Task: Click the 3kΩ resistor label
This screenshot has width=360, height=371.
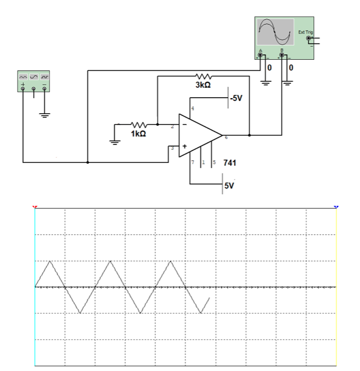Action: pos(203,86)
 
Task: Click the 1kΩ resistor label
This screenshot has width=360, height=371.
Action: pos(138,133)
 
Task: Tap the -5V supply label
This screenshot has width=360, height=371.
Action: pos(236,98)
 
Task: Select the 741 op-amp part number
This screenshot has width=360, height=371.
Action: pos(230,164)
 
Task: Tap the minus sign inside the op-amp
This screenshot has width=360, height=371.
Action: pos(184,125)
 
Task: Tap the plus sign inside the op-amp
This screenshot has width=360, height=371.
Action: pos(184,147)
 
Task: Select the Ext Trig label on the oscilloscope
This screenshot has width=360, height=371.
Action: pos(305,32)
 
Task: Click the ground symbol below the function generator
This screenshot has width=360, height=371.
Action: pos(44,115)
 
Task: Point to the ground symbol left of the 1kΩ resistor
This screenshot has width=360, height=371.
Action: pos(115,142)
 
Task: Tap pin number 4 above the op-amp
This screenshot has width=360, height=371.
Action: pos(193,110)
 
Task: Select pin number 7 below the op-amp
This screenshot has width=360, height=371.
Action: pos(193,164)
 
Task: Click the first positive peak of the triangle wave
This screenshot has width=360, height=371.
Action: pos(50,260)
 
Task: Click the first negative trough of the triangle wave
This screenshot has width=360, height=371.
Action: pos(81,313)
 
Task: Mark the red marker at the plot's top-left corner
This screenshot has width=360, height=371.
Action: pos(35,207)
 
